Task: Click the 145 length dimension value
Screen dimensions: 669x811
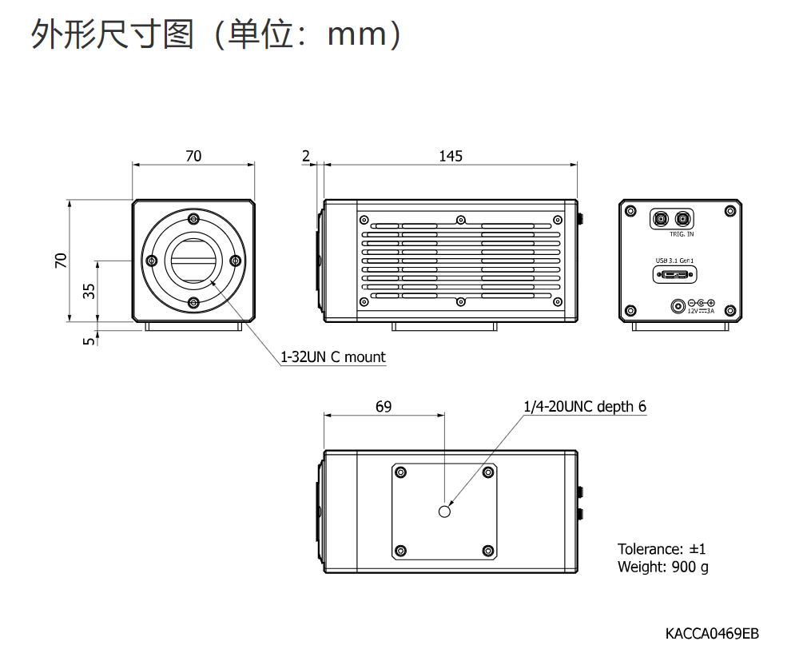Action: (x=451, y=156)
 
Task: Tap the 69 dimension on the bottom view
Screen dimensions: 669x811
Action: (x=384, y=407)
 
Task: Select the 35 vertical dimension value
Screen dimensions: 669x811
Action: (x=89, y=291)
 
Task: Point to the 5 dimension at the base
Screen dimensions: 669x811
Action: (x=89, y=340)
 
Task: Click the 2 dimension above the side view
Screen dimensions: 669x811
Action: (x=306, y=156)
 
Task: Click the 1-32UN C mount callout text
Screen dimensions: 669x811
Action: (x=332, y=356)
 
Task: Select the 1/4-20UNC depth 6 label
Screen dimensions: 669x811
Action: (x=585, y=407)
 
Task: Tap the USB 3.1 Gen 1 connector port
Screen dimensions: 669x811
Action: (x=675, y=275)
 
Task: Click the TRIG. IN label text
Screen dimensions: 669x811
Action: (x=681, y=234)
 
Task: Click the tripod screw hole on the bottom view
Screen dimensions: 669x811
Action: (x=445, y=511)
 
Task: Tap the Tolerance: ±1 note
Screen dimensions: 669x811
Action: (x=662, y=549)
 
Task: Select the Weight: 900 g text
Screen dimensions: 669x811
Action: (x=662, y=567)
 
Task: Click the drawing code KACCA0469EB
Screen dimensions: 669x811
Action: (x=712, y=634)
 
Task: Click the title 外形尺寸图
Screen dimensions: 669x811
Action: (x=113, y=34)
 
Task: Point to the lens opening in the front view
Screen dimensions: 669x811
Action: (x=193, y=261)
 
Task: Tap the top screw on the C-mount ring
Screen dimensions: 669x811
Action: (x=193, y=220)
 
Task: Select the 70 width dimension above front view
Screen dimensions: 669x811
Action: (x=193, y=156)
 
